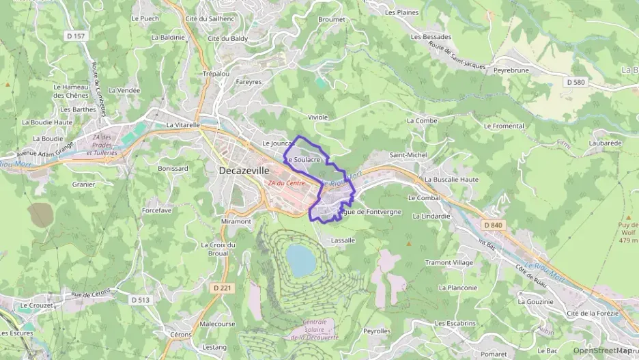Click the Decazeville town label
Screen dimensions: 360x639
point(244,171)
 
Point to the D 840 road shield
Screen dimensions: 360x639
point(492,225)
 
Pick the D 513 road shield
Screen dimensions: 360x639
point(140,299)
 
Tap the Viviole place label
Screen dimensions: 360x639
point(318,117)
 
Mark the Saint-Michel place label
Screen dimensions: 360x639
point(408,155)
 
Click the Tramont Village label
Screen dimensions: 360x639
point(449,262)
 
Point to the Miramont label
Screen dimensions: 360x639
point(236,221)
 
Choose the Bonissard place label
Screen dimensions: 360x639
point(173,168)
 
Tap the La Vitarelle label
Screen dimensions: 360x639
point(183,125)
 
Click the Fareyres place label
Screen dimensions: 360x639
point(248,82)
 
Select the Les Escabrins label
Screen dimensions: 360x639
point(455,322)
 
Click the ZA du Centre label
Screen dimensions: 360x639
point(286,183)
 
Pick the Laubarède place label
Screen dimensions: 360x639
point(606,143)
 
